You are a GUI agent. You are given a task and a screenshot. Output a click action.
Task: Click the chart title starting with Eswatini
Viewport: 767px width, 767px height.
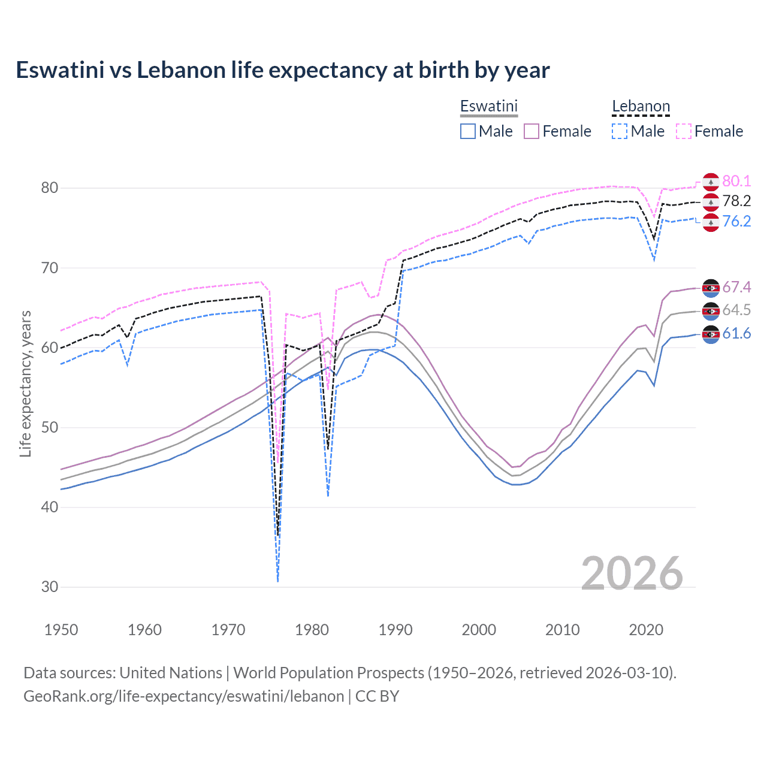pos(282,70)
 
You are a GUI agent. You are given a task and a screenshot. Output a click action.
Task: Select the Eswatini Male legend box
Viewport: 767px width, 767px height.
pos(468,131)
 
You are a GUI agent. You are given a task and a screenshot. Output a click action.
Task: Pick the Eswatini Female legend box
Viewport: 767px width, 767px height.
pos(532,131)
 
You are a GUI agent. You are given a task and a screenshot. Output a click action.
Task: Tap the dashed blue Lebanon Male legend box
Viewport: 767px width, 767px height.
pos(620,131)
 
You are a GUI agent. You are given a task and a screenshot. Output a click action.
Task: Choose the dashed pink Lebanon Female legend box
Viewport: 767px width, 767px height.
pos(684,131)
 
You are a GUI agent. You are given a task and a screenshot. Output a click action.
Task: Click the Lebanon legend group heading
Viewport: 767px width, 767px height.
pos(641,107)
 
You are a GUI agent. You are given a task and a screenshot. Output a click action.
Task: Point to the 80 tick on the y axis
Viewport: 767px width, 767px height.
pos(50,188)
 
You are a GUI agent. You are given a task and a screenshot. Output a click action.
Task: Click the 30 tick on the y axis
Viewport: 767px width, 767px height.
pos(50,587)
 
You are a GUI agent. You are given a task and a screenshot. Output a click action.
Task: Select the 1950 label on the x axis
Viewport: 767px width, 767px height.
pos(61,630)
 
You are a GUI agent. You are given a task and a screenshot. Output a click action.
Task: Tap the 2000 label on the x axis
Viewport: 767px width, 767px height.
pos(479,630)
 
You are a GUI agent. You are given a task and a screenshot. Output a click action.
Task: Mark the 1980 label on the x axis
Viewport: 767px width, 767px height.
pos(312,630)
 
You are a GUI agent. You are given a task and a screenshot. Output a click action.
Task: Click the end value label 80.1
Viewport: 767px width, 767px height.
pos(736,181)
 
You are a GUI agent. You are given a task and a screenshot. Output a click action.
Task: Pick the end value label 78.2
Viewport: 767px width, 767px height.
pos(736,201)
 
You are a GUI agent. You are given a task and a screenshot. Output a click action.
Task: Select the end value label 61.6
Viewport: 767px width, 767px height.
pos(736,334)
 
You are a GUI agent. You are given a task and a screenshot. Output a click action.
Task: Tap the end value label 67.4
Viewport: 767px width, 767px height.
pos(736,288)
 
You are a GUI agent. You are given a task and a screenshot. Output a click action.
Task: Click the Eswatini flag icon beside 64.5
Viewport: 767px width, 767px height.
pos(711,311)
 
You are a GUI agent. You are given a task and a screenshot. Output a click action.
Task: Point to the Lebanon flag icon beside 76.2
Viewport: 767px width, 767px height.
pos(711,222)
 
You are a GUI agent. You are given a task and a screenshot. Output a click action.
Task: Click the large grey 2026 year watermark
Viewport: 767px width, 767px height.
pos(632,573)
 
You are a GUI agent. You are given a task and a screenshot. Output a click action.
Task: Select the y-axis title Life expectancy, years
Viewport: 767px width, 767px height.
pos(25,383)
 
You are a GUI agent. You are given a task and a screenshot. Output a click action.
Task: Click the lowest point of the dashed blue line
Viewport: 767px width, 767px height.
pos(278,581)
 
